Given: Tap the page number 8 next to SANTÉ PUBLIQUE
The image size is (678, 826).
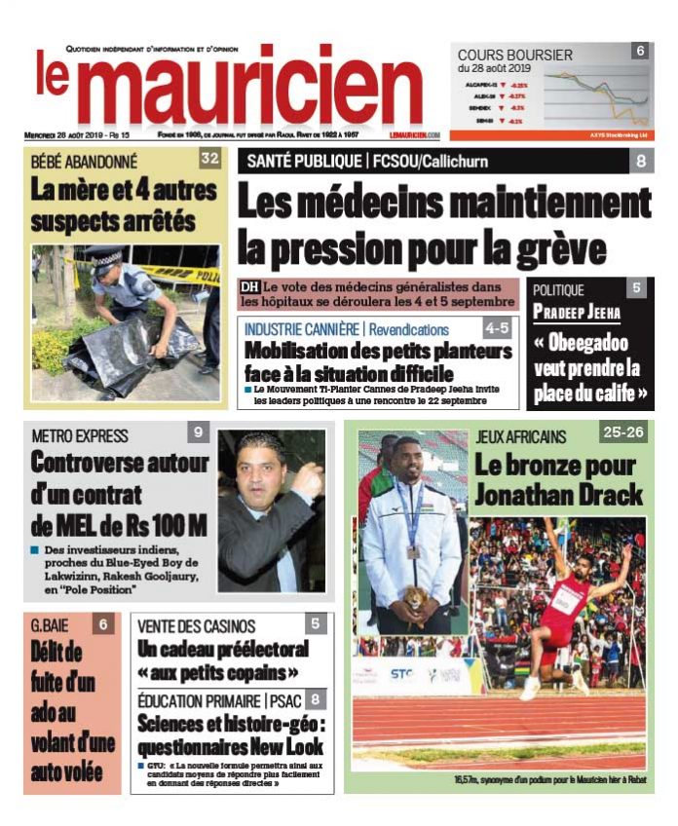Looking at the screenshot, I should (641, 161).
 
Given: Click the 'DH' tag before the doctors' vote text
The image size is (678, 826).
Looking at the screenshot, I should (250, 287).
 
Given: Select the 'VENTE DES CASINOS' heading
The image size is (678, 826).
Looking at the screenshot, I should (197, 625).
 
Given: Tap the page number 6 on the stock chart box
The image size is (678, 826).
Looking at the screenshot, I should (640, 51).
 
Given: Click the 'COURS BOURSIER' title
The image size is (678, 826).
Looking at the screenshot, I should (515, 56).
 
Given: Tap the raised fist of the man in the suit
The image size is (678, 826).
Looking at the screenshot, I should (310, 480).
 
